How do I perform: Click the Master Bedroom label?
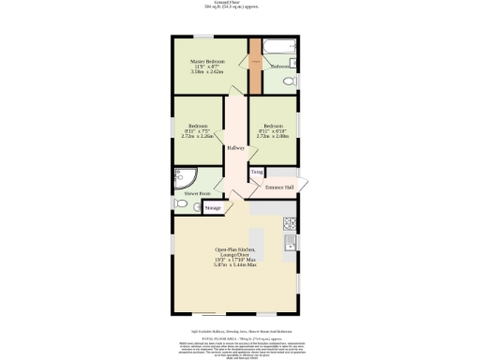[x=209, y=62]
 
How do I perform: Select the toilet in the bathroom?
[x=288, y=82]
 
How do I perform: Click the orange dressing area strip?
[x=254, y=65]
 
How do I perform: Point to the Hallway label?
[x=235, y=148]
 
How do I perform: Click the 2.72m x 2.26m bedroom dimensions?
[x=197, y=137]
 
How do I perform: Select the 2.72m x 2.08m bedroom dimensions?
[x=273, y=137]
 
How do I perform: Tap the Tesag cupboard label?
[x=256, y=172]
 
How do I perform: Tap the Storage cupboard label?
[x=213, y=207]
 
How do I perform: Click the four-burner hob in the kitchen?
[x=290, y=223]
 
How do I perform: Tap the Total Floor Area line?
[x=240, y=337]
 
